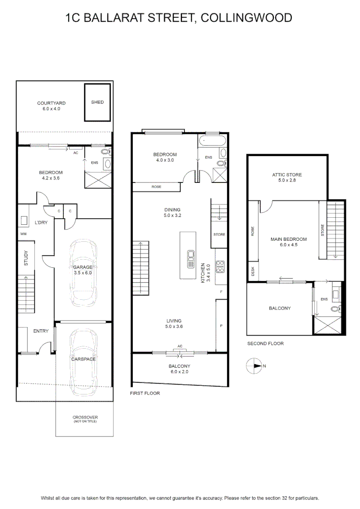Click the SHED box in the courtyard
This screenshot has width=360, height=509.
pos(98,102)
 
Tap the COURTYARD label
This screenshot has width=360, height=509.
pos(51,103)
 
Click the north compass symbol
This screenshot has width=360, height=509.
pos(254,366)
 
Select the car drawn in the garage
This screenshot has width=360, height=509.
pos(83,273)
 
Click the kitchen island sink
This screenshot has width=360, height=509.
pos(190,259)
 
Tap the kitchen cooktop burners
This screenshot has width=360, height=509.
pos(220,266)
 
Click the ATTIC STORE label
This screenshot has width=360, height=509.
pos(287,175)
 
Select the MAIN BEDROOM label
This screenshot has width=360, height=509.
pos(288,239)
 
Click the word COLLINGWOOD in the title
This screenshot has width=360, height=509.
pos(246,17)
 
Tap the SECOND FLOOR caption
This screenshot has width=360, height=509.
pos(266,344)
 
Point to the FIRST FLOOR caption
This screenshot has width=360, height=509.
pos(145,393)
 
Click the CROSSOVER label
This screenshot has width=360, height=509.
pos(85,417)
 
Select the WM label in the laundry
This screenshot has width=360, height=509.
pos(24,234)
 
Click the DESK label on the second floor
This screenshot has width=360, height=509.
pos(253,271)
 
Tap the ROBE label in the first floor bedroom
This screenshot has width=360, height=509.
pos(156,187)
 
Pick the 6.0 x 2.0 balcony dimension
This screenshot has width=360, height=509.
pos(180,372)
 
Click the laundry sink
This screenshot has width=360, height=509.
pos(24,221)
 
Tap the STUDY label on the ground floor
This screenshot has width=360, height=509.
pos(26,258)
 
